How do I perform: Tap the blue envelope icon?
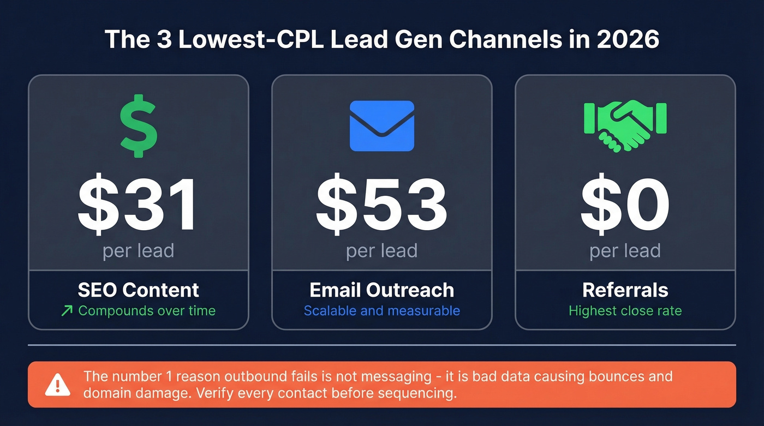[x=382, y=126]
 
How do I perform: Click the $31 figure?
[x=139, y=205]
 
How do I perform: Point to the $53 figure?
[x=382, y=205]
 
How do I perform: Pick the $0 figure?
[x=625, y=205]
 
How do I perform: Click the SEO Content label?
[x=139, y=290]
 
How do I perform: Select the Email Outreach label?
[x=382, y=290]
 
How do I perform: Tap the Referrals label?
[x=625, y=290]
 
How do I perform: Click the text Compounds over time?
[x=147, y=311]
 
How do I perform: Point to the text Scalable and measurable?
[x=382, y=311]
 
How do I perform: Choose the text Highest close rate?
[x=625, y=311]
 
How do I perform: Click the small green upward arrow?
[x=67, y=311]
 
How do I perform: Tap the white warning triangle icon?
[x=57, y=385]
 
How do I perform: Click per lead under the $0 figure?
[x=625, y=251]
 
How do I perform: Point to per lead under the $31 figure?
[x=139, y=251]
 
